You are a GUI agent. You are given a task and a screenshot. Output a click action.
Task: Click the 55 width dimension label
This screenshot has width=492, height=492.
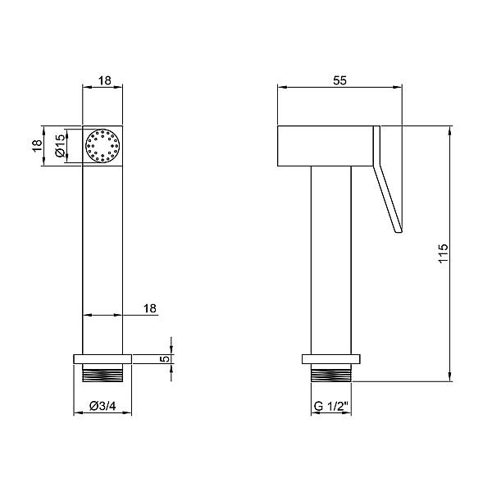tap(339, 80)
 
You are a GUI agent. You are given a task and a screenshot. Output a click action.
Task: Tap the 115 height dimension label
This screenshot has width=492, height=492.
tap(443, 253)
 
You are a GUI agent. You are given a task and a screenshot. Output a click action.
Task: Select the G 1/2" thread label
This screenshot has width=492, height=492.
tap(331, 407)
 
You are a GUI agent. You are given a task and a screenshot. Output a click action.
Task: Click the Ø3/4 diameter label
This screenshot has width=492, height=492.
tap(102, 406)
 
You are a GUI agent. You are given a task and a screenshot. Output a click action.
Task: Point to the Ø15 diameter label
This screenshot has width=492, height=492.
tap(60, 145)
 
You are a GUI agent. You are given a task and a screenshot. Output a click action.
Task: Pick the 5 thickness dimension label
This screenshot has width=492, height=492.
tap(166, 358)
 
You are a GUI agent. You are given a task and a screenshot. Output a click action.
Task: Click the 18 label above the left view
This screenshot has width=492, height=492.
tap(105, 80)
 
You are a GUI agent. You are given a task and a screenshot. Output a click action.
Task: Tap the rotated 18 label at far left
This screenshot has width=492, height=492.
tap(37, 145)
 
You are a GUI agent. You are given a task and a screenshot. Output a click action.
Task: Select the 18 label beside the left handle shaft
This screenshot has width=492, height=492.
tap(150, 308)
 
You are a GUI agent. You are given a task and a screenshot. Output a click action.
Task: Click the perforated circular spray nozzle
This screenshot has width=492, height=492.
tap(102, 146)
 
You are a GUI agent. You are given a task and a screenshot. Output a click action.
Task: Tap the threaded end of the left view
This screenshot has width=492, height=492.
tap(102, 373)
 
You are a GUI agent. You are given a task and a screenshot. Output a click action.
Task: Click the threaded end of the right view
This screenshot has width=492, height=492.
tap(331, 373)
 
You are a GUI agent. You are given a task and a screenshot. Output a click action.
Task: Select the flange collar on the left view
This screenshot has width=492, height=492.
tap(102, 359)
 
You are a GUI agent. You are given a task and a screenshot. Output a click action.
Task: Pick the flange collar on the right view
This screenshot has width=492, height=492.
tap(331, 359)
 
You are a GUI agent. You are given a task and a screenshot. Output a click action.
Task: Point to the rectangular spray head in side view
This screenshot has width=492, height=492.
tap(326, 146)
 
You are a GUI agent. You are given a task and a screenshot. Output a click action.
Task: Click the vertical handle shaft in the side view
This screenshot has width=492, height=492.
tap(331, 260)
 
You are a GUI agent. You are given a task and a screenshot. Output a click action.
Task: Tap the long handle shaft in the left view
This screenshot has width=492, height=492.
tap(102, 260)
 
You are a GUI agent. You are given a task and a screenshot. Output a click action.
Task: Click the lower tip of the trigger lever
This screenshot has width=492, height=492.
tap(399, 233)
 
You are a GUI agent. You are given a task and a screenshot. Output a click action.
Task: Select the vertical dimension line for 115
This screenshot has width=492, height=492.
tap(450, 253)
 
